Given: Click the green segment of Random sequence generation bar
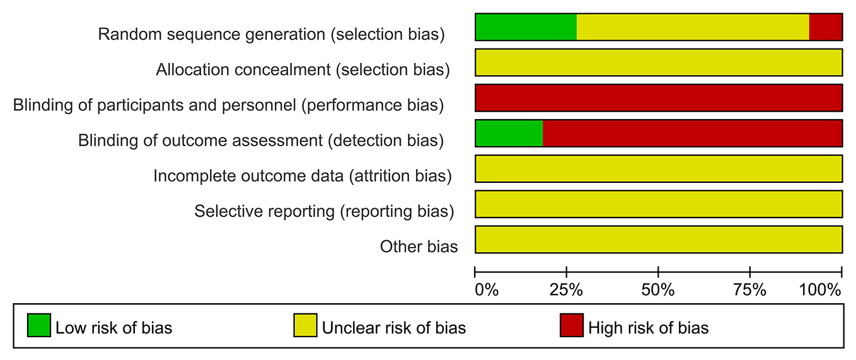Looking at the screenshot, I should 526,27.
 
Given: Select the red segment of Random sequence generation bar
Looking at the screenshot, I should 826,27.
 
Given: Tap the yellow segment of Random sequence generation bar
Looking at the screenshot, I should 693,27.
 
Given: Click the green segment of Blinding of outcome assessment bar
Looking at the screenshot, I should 509,133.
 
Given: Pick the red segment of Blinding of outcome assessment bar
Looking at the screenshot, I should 692,133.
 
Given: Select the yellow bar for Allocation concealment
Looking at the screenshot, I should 659,62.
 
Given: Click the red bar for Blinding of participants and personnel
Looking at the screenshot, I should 659,98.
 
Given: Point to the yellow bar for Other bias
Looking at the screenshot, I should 659,239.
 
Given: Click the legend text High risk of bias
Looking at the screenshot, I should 648,328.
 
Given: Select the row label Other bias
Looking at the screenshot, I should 419,247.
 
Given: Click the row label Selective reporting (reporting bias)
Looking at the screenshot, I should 324,211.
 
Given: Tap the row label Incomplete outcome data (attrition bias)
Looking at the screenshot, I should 303,176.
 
